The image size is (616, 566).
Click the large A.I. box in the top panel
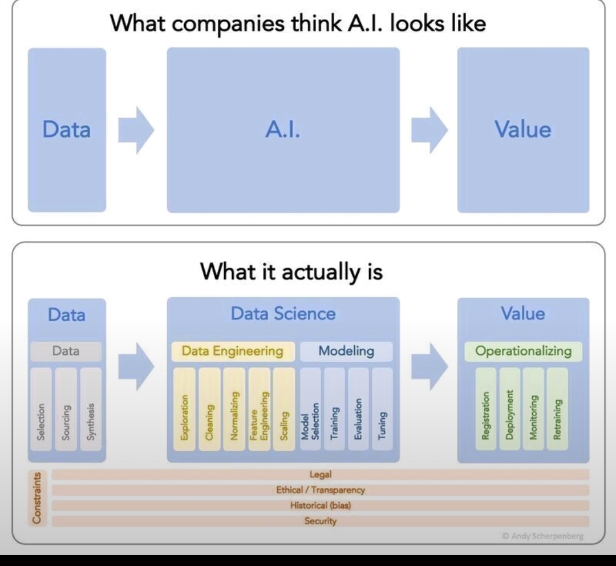283,130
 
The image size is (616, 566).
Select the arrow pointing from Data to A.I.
136,130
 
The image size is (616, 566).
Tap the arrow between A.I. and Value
429,130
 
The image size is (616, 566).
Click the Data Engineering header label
233,351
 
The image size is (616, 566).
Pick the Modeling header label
346,351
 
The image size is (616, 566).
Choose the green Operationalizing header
523,351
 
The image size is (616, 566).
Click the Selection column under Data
40,409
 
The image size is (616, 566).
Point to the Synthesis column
91,409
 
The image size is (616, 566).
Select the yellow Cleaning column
209,409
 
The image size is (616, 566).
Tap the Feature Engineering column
259,409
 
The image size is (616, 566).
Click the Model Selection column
310,409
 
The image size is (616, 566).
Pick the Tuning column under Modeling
382,409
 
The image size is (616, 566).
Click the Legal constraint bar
320,475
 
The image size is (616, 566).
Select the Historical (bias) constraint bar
320,506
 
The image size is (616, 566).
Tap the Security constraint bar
320,521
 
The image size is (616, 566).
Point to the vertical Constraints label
37,498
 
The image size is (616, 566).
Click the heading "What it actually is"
291,273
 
